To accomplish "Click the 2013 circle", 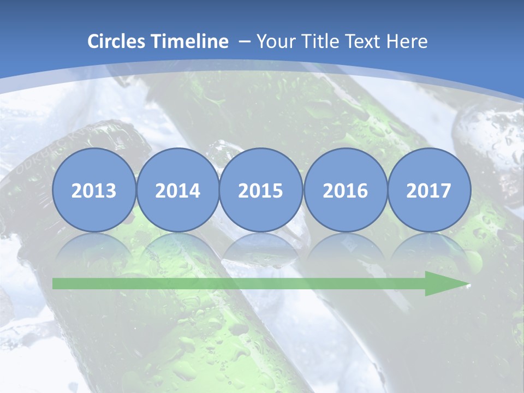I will point(94,190).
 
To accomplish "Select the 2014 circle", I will point(178,190).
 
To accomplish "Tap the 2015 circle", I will point(261,190).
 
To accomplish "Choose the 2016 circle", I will point(345,190).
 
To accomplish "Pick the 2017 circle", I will point(429,190).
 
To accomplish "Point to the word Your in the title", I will point(276,41).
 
